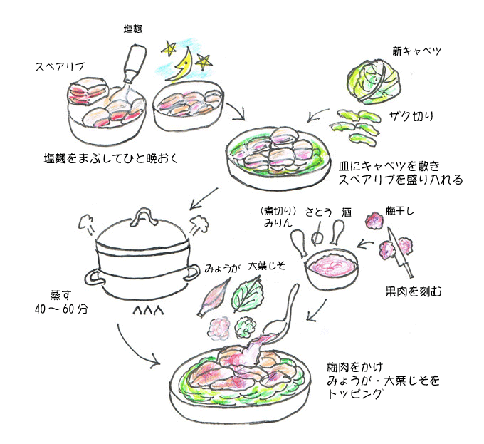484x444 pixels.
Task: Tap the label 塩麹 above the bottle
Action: point(135,29)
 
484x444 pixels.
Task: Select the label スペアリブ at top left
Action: point(60,66)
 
